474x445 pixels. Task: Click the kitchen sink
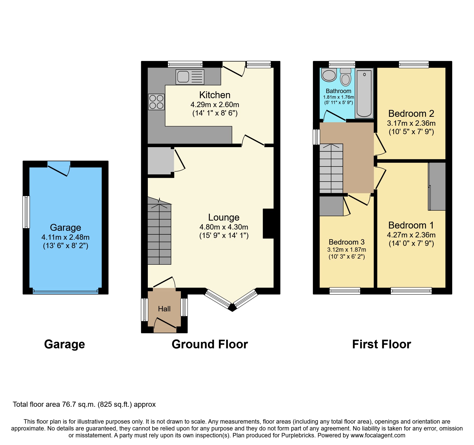point(190,77)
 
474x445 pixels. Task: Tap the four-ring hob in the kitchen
point(156,102)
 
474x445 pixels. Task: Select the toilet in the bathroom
point(346,77)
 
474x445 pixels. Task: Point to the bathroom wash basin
point(329,75)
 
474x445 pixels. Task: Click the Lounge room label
point(224,217)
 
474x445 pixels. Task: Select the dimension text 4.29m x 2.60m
point(215,105)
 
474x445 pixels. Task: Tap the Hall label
point(164,309)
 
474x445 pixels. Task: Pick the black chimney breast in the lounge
point(268,224)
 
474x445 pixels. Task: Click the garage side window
point(26,212)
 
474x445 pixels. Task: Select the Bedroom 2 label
point(411,113)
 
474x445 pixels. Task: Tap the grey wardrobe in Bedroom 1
point(437,186)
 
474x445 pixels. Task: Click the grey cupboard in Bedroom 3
point(331,206)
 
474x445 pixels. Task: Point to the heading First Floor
point(381,344)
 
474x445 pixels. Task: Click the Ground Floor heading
point(210,344)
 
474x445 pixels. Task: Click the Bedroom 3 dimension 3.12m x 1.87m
point(347,250)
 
